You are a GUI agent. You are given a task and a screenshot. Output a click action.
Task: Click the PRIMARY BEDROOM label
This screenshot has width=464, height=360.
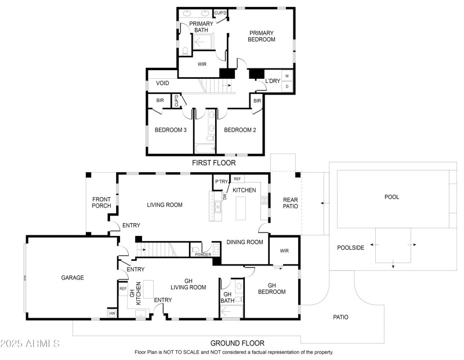(262, 36)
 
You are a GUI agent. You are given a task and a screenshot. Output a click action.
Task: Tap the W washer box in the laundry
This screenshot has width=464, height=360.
(287, 76)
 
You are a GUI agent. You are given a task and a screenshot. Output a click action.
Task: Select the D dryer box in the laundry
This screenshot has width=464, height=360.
(287, 86)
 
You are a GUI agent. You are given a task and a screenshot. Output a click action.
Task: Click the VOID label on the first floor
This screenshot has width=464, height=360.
(162, 83)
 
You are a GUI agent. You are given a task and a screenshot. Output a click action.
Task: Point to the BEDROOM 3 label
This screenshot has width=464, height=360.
(170, 130)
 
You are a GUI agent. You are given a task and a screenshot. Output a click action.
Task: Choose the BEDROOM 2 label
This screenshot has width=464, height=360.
(240, 130)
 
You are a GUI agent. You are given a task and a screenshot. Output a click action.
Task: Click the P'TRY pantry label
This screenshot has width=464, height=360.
(221, 182)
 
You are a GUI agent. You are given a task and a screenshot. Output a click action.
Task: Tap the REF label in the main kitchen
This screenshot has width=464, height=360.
(237, 179)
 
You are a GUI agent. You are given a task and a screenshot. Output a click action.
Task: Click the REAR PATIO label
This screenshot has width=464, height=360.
(290, 203)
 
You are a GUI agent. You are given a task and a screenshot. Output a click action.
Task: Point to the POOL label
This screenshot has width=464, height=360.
(392, 197)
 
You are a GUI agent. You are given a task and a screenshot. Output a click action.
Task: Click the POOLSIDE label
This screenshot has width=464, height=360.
(351, 248)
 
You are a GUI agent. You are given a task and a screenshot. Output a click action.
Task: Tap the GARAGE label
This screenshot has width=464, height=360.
(72, 278)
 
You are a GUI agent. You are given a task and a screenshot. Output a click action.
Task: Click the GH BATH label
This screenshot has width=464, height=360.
(228, 297)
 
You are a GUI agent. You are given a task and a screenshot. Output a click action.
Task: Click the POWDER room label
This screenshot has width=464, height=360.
(203, 254)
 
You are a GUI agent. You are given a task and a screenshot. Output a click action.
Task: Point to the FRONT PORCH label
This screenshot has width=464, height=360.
(101, 203)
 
